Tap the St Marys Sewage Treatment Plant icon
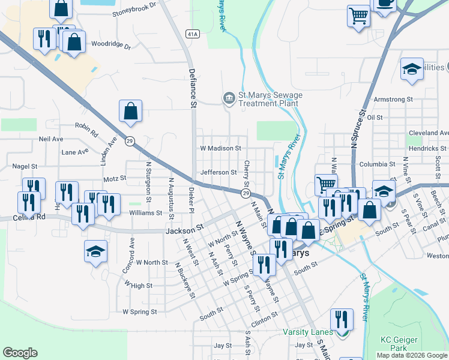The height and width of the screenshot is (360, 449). click(x=229, y=98)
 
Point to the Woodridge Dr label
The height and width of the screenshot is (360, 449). click(x=110, y=44)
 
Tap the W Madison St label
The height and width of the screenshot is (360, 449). click(x=220, y=148)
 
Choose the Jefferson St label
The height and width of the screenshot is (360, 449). click(x=218, y=172)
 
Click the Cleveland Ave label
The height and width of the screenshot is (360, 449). click(x=428, y=133)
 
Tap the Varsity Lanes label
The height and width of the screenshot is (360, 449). click(x=308, y=332)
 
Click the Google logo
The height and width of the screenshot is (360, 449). click(x=20, y=353)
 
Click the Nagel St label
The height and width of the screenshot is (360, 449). click(x=25, y=166)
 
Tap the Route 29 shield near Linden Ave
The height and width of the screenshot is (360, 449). click(x=130, y=142)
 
